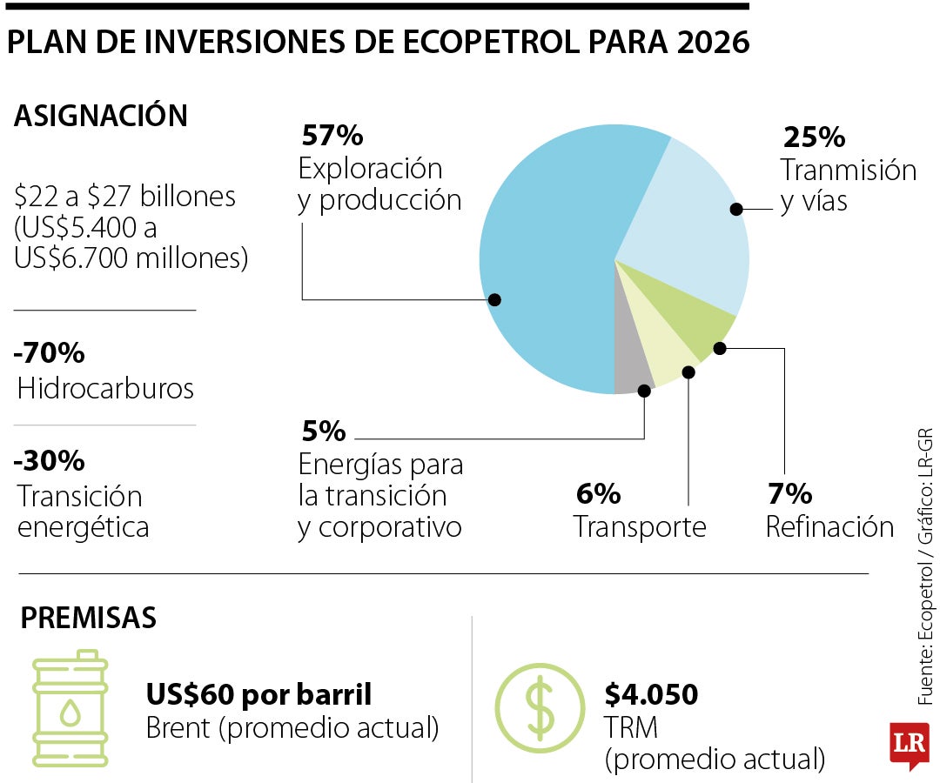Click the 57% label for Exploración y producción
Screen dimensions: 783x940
pos(332,136)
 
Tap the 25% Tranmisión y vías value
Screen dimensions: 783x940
pos(815,137)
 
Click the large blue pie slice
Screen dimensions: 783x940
pos(548,261)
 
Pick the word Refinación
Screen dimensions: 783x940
pos(829,527)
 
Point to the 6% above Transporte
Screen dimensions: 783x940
pos(598,494)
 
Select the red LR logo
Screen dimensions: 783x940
pos(910,745)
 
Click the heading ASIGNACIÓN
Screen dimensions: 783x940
pos(101,116)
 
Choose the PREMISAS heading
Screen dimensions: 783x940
pos(89,618)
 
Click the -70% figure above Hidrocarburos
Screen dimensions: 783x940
pos(50,354)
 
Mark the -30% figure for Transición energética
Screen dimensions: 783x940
pos(50,459)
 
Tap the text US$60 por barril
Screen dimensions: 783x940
pos(259,694)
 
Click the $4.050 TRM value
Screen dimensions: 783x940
pos(651,694)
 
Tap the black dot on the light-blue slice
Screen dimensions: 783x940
pos(736,209)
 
